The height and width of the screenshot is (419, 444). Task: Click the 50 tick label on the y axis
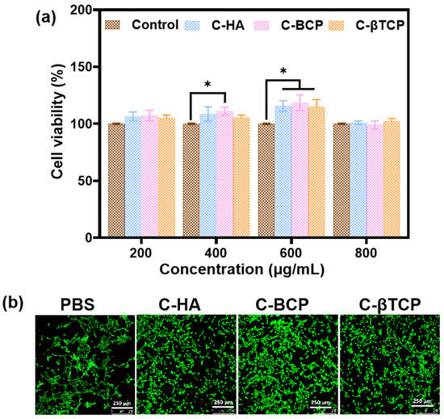point(86,182)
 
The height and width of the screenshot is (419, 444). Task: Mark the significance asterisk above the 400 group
point(208,85)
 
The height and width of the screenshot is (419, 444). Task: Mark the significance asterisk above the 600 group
point(283,72)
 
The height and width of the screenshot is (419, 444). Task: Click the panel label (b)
point(17,303)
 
